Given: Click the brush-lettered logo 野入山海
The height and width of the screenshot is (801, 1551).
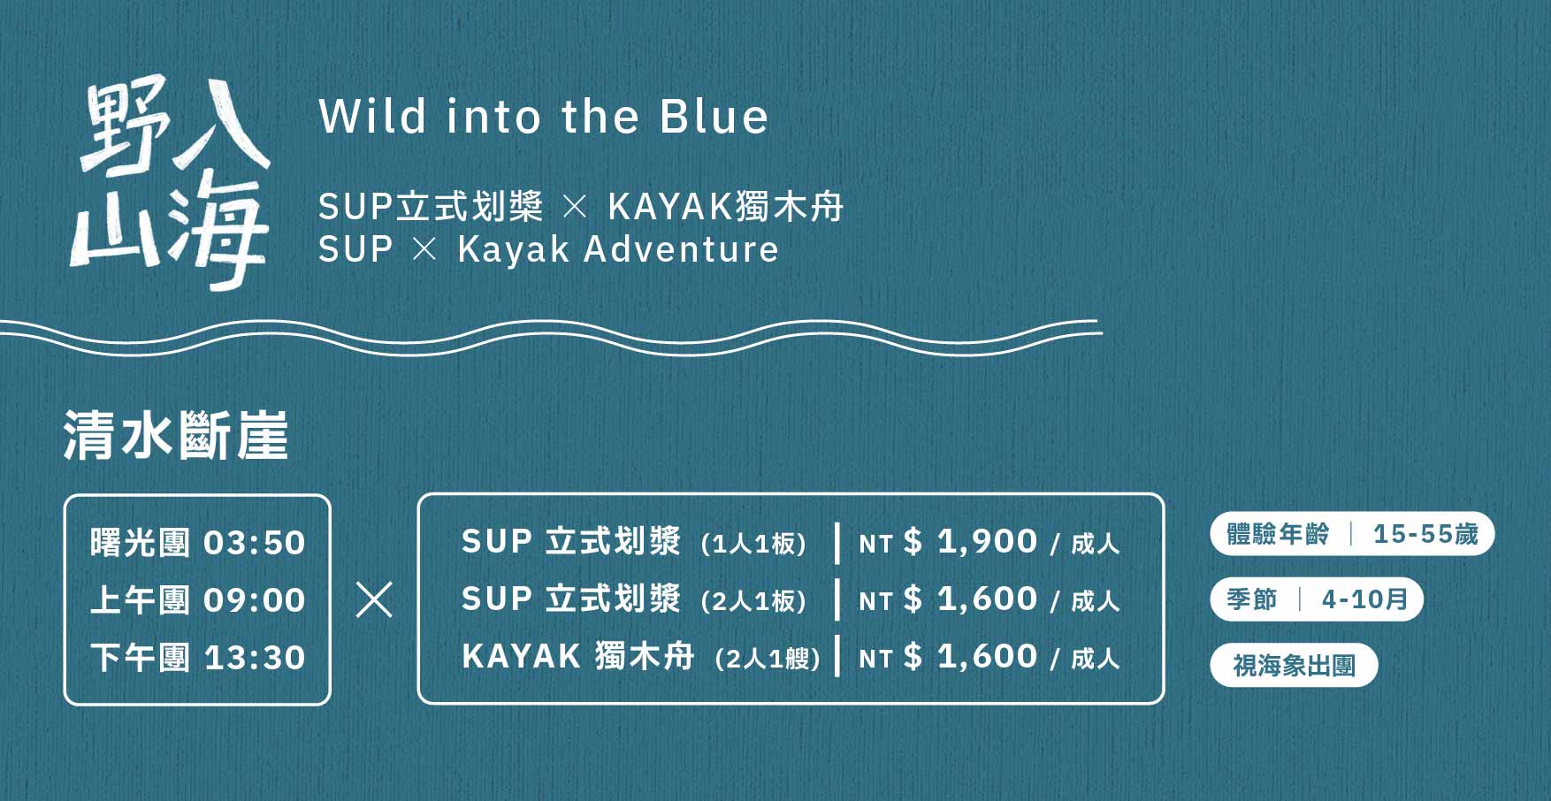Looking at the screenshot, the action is pyautogui.click(x=170, y=183).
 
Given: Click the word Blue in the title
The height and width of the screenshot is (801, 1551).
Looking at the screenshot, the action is pyautogui.click(x=714, y=117).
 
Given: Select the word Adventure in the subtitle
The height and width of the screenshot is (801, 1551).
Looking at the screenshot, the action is pyautogui.click(x=681, y=249).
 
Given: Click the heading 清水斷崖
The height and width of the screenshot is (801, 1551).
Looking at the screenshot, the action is pyautogui.click(x=176, y=435).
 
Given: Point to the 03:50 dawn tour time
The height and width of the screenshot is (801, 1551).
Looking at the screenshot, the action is pyautogui.click(x=255, y=543).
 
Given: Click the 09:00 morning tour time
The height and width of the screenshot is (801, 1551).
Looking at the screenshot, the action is pyautogui.click(x=255, y=600).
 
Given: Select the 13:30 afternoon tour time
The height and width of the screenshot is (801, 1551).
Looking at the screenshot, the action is pyautogui.click(x=255, y=658).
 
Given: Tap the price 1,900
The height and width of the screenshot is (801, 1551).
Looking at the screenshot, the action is pyautogui.click(x=987, y=541).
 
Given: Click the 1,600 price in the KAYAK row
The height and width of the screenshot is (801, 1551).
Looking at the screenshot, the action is pyautogui.click(x=987, y=656).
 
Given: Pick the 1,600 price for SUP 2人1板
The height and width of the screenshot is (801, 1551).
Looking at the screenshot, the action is pyautogui.click(x=987, y=599).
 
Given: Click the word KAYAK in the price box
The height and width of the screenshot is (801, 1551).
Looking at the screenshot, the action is pyautogui.click(x=521, y=657).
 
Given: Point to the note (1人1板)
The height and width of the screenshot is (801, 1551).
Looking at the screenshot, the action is pyautogui.click(x=753, y=543).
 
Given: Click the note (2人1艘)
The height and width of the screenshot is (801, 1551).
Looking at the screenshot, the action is pyautogui.click(x=768, y=659).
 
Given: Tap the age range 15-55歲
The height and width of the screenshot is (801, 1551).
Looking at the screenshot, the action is pyautogui.click(x=1425, y=534).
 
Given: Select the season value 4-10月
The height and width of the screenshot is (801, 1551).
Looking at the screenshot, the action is pyautogui.click(x=1364, y=599).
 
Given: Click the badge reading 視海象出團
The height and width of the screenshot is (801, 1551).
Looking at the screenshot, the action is pyautogui.click(x=1294, y=666).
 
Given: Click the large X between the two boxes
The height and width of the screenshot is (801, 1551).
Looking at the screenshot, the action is pyautogui.click(x=374, y=599).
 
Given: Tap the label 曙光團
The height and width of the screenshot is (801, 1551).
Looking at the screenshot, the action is pyautogui.click(x=140, y=543).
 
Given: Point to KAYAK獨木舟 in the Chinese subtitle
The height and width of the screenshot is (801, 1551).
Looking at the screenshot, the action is pyautogui.click(x=726, y=207).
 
